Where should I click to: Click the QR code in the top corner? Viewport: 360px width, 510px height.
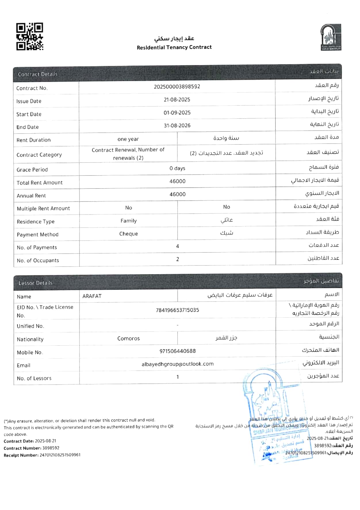pyautogui.click(x=30, y=37)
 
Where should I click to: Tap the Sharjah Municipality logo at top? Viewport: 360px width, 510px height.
pyautogui.click(x=331, y=37)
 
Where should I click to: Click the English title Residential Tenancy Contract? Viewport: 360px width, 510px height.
pyautogui.click(x=174, y=47)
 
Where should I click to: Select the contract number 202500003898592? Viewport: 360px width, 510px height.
pyautogui.click(x=177, y=86)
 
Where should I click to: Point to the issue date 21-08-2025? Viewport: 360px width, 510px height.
pyautogui.click(x=177, y=100)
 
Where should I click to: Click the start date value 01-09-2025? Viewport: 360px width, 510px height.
pyautogui.click(x=177, y=113)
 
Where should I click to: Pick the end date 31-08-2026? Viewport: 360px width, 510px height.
pyautogui.click(x=177, y=125)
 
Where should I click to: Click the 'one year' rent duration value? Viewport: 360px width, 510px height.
pyautogui.click(x=128, y=139)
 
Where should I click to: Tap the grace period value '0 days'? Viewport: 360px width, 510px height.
pyautogui.click(x=177, y=168)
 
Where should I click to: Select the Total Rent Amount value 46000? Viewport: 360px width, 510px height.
pyautogui.click(x=177, y=181)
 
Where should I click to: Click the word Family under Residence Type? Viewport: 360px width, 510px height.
pyautogui.click(x=128, y=221)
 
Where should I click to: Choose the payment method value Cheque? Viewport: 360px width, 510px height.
pyautogui.click(x=128, y=234)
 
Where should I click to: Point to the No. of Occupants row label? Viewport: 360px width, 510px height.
pyautogui.click(x=38, y=260)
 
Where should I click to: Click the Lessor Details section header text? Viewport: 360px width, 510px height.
pyautogui.click(x=35, y=283)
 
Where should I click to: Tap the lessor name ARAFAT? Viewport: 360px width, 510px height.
pyautogui.click(x=92, y=296)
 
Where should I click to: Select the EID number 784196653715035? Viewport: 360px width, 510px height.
pyautogui.click(x=177, y=310)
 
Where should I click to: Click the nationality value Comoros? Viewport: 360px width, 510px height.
pyautogui.click(x=128, y=338)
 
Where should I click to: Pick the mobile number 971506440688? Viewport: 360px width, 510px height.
pyautogui.click(x=177, y=351)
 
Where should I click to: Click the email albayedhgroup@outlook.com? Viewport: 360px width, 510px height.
pyautogui.click(x=177, y=364)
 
